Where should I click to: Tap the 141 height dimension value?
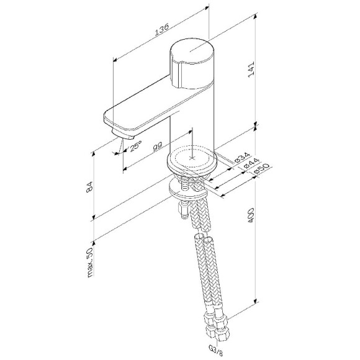coord(251,72)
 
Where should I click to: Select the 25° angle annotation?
coord(136,146)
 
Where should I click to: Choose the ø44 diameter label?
coord(248,164)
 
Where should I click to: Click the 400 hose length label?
coord(251,215)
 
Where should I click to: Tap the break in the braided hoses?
coord(204,239)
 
